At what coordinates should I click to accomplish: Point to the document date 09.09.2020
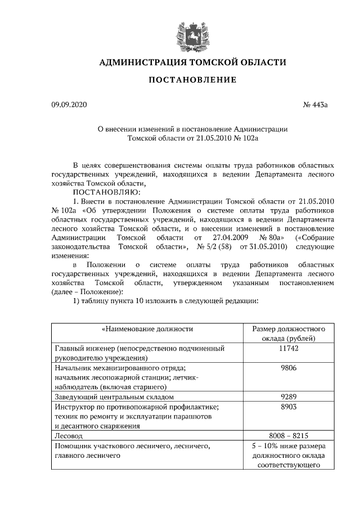tap(69, 105)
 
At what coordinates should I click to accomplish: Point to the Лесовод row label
tap(68, 435)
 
